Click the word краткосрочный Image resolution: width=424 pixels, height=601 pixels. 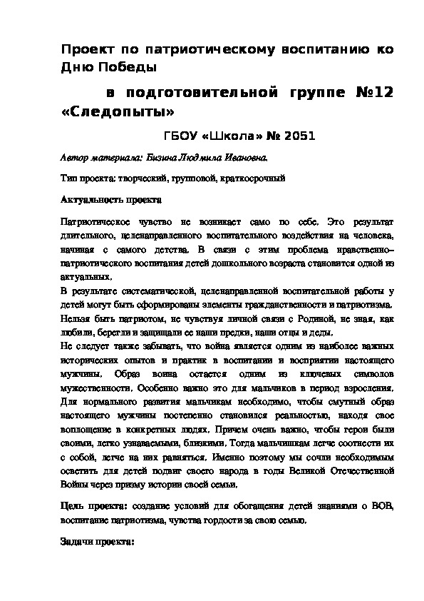tap(252, 177)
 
